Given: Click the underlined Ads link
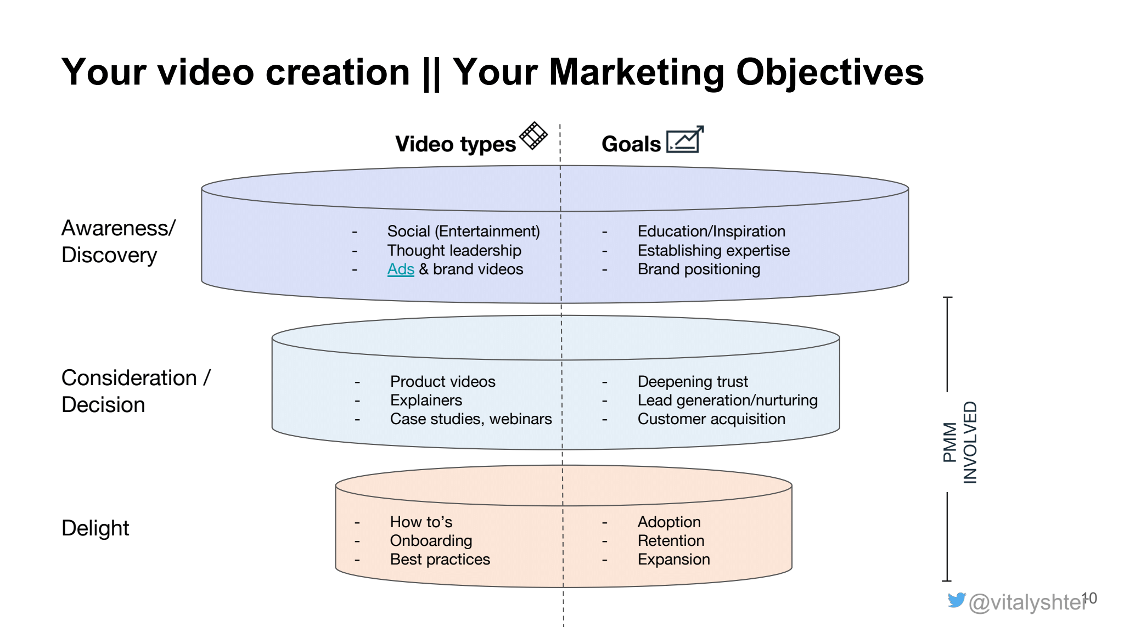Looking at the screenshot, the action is click(x=401, y=269).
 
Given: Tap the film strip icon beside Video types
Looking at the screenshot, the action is click(x=533, y=136).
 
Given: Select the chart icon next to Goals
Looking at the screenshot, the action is click(x=685, y=139).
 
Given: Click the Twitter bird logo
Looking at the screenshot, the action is click(x=956, y=600).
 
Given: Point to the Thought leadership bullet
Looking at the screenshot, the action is click(x=454, y=251).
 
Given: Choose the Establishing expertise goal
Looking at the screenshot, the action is click(x=713, y=251).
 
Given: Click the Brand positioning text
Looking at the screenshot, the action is click(x=699, y=269).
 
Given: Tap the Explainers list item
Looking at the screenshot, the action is click(x=426, y=400).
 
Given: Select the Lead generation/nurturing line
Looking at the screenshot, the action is click(x=727, y=400).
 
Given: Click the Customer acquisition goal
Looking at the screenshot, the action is click(x=711, y=419).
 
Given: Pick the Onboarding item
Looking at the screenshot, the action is click(x=431, y=541).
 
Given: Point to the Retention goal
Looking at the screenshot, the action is click(x=671, y=541).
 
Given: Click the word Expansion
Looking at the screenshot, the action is click(x=673, y=560).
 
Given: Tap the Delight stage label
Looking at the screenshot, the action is click(x=95, y=528).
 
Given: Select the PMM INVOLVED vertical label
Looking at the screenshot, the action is click(x=960, y=442).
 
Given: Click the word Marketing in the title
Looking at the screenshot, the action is click(x=637, y=72).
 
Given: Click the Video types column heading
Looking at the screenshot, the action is click(x=456, y=144).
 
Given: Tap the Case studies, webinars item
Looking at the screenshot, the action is click(x=471, y=419).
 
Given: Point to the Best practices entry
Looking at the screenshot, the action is click(x=440, y=560).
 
